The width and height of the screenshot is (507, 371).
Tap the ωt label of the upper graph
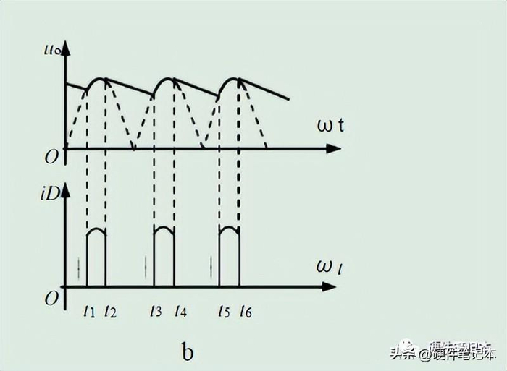[x=330, y=124]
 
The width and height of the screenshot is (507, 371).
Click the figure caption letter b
[x=188, y=352]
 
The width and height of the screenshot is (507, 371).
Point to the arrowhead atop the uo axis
[x=65, y=46]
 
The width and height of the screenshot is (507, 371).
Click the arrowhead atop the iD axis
[x=65, y=188]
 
